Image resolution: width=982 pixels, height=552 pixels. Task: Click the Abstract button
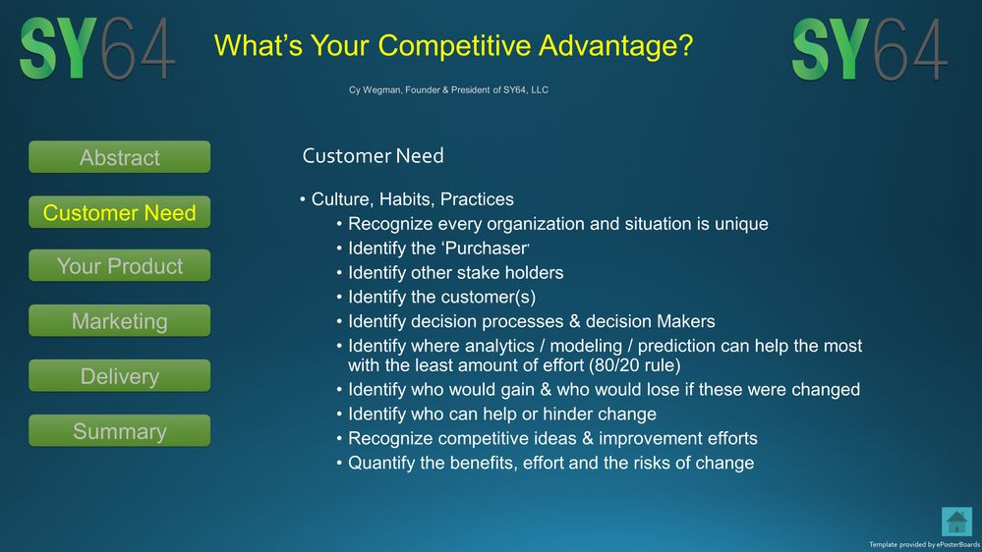120,157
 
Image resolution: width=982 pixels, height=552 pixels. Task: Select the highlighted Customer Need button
120,212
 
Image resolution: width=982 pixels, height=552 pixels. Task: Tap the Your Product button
120,265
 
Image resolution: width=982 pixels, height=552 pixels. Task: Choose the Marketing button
120,320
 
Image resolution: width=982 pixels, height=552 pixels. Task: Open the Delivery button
120,375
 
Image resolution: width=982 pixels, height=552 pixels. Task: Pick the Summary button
120,430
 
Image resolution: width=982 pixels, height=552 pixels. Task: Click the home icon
956,522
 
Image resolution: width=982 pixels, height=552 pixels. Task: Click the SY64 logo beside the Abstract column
97,48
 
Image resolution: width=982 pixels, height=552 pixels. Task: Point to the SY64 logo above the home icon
869,49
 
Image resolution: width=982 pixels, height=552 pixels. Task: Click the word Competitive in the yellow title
455,46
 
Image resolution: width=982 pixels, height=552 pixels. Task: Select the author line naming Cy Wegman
448,90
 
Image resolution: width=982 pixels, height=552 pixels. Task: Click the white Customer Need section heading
373,156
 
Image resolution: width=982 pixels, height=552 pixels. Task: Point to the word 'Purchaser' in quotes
484,248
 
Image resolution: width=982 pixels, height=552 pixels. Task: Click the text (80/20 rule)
634,365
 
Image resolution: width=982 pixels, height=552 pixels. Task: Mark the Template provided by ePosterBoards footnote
924,545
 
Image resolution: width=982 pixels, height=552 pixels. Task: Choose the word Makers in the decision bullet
686,322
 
